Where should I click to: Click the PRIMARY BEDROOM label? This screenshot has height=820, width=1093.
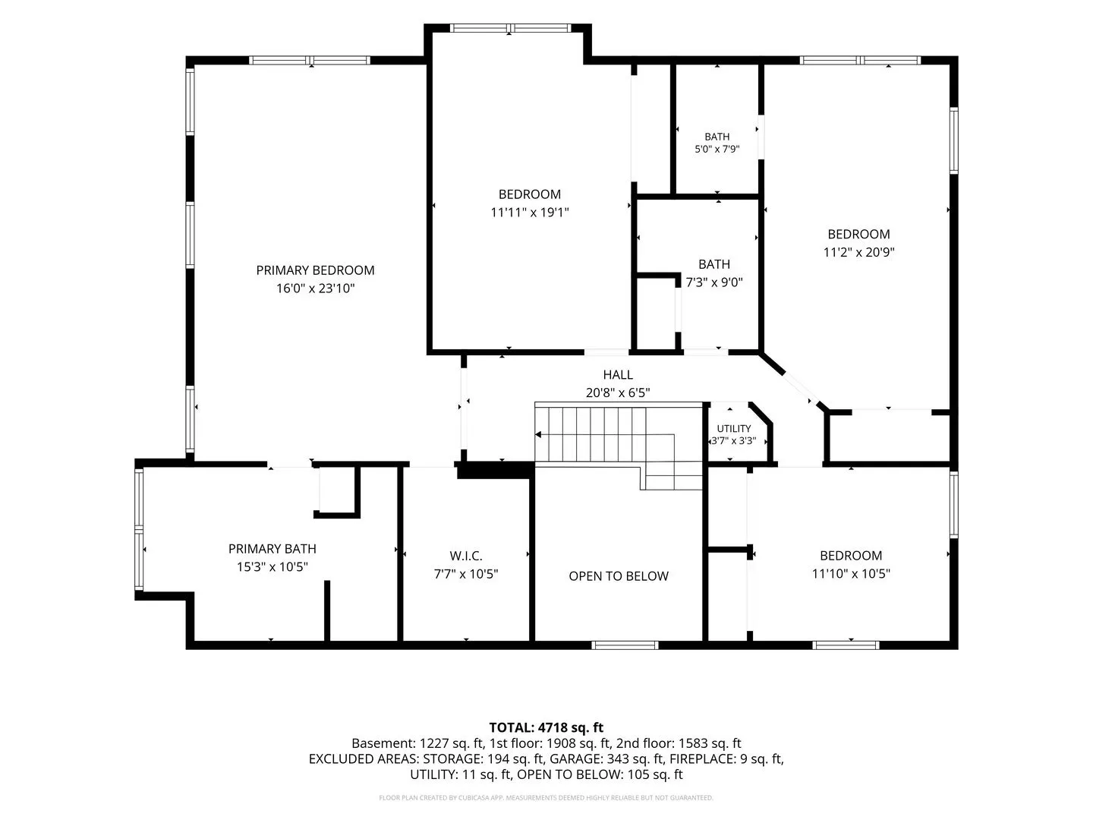(315, 270)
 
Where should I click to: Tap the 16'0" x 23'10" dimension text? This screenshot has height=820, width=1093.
(315, 289)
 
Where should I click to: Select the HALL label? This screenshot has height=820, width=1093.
(618, 375)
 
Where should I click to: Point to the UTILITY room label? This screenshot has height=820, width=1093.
(733, 429)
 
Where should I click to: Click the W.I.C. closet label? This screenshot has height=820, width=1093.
(466, 556)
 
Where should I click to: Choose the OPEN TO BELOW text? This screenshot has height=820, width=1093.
(619, 576)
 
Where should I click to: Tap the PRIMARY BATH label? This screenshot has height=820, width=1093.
(272, 549)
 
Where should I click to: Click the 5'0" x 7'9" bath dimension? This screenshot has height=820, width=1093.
(717, 149)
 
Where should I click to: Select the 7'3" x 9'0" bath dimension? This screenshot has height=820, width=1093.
(714, 282)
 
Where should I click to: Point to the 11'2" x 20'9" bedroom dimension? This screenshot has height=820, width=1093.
(858, 252)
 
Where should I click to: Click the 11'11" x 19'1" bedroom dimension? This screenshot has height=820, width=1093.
(529, 213)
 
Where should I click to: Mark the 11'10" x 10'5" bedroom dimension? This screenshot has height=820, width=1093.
(851, 573)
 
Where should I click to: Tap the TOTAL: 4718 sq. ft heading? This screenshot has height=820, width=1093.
(546, 728)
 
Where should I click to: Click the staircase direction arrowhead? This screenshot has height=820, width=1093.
(538, 434)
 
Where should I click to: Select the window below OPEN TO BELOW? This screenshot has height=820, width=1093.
(625, 645)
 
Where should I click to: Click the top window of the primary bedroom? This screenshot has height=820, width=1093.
(310, 60)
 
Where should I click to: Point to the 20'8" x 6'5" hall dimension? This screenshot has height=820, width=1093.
(618, 393)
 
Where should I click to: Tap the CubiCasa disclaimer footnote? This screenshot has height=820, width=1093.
(546, 797)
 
